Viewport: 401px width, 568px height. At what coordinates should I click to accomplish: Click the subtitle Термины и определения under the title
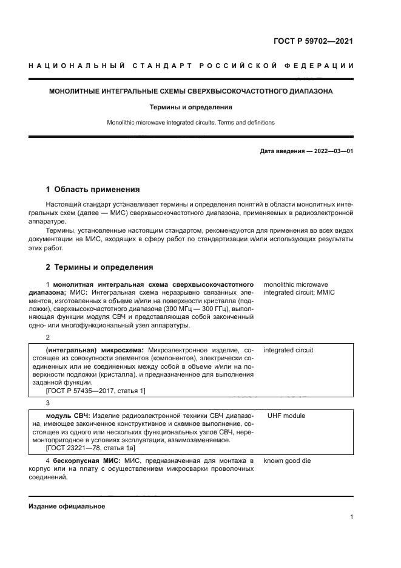191,107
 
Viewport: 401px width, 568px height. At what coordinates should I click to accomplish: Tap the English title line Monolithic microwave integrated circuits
190,122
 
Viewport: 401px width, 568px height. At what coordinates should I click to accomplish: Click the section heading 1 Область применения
93,189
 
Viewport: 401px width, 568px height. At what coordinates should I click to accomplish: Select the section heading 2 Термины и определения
99,267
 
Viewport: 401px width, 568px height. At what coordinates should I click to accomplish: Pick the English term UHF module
286,416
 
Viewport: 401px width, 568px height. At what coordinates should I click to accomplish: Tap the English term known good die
287,460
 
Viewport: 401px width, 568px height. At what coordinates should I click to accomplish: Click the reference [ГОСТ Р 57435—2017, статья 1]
96,391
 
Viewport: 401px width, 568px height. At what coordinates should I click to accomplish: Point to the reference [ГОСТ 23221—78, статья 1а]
92,448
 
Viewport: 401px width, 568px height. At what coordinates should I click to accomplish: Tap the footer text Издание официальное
66,506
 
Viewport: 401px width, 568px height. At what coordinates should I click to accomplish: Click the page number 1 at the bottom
351,517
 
